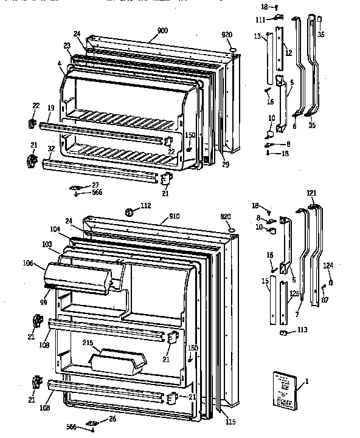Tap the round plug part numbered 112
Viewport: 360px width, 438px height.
pos(128,213)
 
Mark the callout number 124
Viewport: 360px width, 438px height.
pos(328,265)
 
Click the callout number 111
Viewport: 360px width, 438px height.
pos(259,20)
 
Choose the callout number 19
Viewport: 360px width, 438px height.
pos(52,108)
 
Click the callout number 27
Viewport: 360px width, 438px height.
pos(95,185)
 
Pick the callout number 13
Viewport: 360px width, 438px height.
pos(257,37)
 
